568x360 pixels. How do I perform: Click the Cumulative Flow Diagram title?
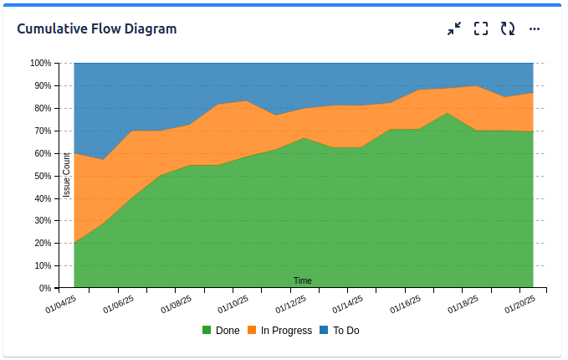[97, 28]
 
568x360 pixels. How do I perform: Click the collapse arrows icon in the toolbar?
[454, 28]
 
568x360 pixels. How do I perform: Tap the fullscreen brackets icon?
[481, 28]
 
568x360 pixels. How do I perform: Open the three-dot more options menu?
[535, 28]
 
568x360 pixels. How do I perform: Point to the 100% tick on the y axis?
[40, 63]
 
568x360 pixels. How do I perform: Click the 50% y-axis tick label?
[42, 176]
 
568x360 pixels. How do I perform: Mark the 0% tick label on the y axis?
[44, 288]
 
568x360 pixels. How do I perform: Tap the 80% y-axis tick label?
[42, 108]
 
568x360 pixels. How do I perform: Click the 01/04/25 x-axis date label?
[61, 303]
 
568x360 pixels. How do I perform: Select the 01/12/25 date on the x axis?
[290, 303]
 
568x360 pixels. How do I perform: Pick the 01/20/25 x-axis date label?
[519, 303]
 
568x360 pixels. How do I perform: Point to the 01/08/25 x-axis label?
[176, 303]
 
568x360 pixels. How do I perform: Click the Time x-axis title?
[303, 280]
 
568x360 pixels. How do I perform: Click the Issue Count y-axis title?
[67, 176]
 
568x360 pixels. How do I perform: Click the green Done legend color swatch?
[207, 331]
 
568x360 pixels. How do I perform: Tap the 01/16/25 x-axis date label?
[405, 303]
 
